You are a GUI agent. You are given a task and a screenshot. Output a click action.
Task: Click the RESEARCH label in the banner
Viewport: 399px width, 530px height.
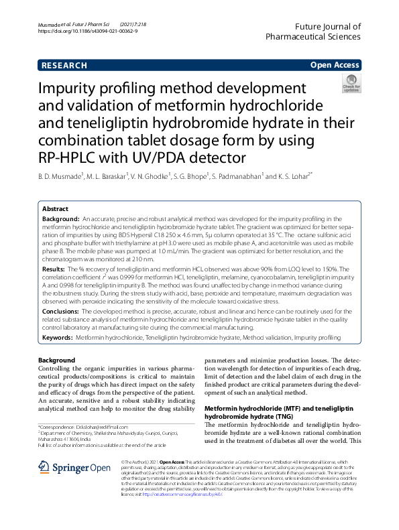[x=64, y=65]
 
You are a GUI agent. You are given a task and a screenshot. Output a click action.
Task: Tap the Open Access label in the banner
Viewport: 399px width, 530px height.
[x=334, y=65]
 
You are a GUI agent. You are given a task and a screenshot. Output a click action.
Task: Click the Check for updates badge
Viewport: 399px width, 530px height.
[x=351, y=85]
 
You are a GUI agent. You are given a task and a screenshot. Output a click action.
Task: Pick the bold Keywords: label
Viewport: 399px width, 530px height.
[x=58, y=339]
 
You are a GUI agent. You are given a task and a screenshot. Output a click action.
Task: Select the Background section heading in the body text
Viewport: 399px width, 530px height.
[x=56, y=361]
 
